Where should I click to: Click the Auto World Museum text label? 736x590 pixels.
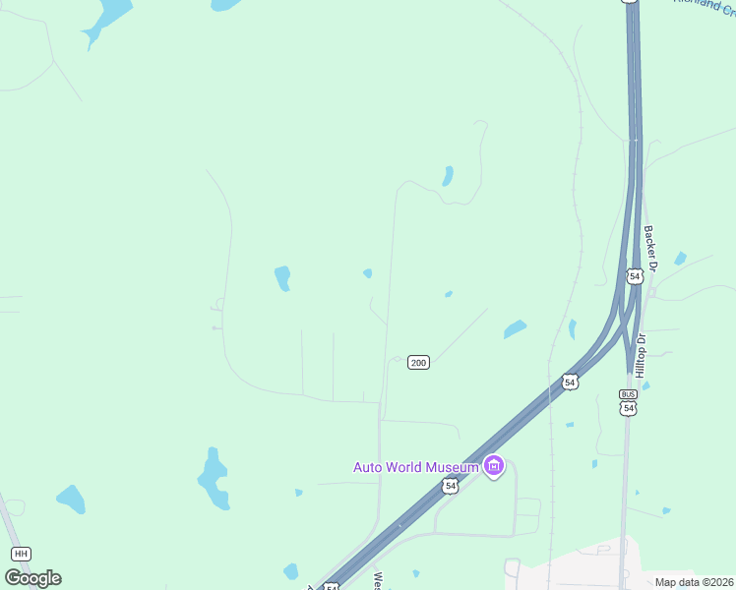(416, 466)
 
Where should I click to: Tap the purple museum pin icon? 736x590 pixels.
(494, 466)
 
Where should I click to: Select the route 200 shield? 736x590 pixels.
(418, 363)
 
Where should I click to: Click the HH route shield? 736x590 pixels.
(22, 555)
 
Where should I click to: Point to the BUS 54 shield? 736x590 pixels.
(628, 401)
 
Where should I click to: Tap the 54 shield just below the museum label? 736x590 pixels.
(450, 486)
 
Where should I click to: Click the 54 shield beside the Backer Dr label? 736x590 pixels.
(635, 277)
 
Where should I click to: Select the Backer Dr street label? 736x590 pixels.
(649, 246)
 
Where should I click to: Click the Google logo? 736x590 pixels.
(32, 577)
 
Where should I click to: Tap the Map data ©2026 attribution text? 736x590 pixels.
(694, 582)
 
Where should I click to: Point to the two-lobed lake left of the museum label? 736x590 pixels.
(215, 478)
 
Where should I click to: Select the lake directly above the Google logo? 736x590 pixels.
(71, 499)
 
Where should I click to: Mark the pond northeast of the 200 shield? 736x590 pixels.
(515, 329)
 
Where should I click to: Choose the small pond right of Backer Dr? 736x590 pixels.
(680, 259)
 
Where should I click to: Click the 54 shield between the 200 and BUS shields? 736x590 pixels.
(570, 381)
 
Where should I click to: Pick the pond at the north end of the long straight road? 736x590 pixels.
(448, 176)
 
